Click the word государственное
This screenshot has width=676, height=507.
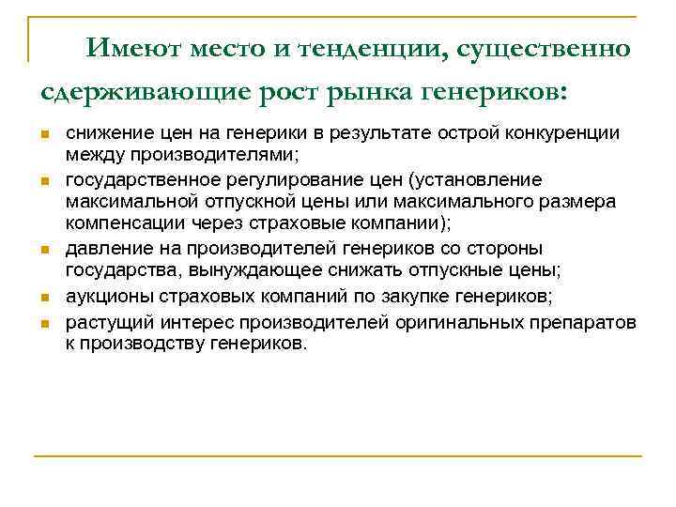139,179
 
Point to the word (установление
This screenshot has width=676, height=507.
465,179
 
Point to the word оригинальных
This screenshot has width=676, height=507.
456,323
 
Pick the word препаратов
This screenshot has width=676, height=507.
586,323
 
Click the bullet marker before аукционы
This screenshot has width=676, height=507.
44,300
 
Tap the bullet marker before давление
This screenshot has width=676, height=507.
44,251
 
